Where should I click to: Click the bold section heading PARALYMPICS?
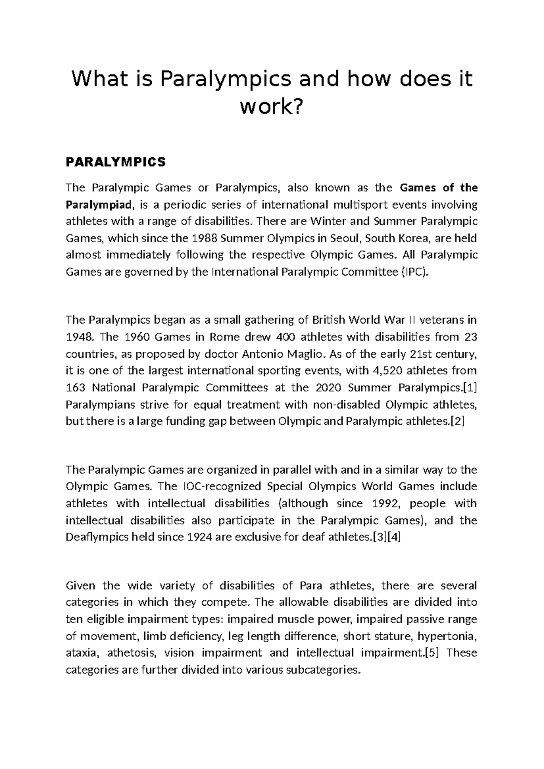[116, 162]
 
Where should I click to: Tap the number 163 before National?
[76, 388]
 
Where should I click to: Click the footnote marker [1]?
[469, 388]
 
